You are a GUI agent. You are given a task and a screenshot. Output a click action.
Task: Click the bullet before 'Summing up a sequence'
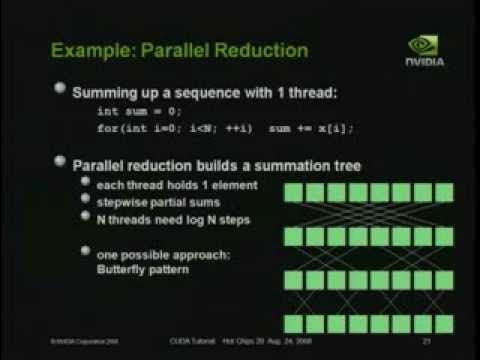click(x=61, y=91)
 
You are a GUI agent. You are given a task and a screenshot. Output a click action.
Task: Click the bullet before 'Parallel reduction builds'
click(x=61, y=162)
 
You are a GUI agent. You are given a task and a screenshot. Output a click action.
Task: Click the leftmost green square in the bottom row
click(x=297, y=323)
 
